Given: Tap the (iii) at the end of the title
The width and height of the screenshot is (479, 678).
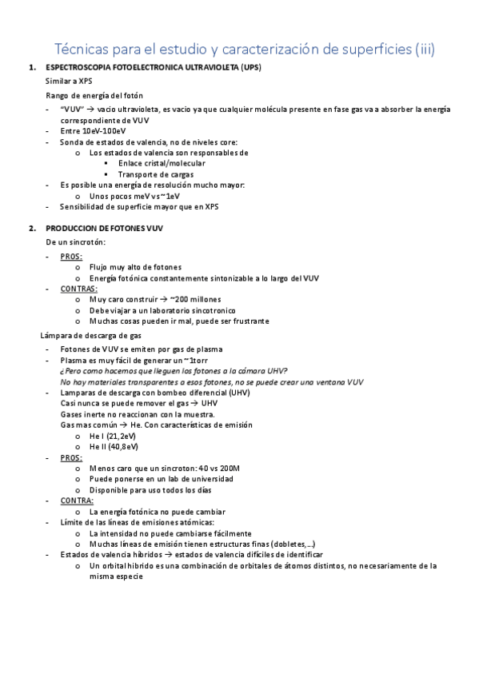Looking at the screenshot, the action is (423, 50).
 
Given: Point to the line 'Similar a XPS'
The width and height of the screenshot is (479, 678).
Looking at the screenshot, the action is (69, 82).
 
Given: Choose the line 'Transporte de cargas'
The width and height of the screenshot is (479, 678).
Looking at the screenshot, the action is (155, 174).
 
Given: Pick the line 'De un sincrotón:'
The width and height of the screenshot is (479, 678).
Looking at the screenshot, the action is (76, 241).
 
